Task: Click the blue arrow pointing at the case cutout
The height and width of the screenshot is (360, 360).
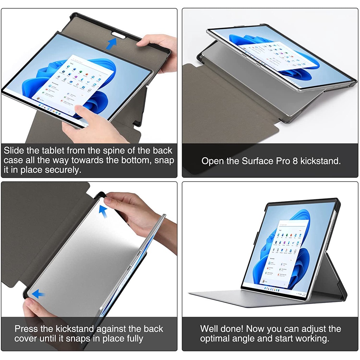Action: pyautogui.click(x=112, y=44)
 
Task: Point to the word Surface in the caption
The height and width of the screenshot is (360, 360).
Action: pyautogui.click(x=257, y=161)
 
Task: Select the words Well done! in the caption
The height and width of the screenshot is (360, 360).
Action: pyautogui.click(x=221, y=329)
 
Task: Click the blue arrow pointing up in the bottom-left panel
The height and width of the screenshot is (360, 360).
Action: pyautogui.click(x=103, y=211)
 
